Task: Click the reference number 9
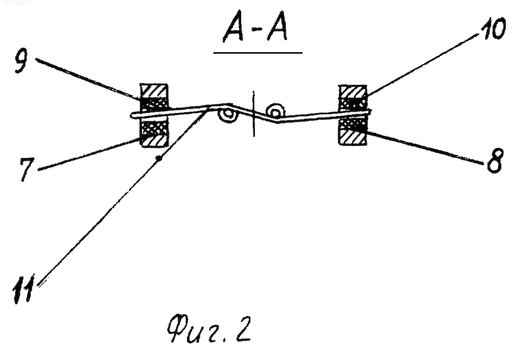point(21,61)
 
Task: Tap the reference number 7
point(26,169)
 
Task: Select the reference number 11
point(23,288)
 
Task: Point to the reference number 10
point(493,29)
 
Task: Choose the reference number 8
point(495,161)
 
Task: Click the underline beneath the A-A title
point(257,53)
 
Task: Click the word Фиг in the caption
point(193,330)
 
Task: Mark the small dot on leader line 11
point(159,159)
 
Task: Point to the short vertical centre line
point(253,114)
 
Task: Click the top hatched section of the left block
point(154,91)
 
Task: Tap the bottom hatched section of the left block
point(154,140)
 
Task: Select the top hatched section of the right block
point(352,92)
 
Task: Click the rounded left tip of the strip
point(132,115)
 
